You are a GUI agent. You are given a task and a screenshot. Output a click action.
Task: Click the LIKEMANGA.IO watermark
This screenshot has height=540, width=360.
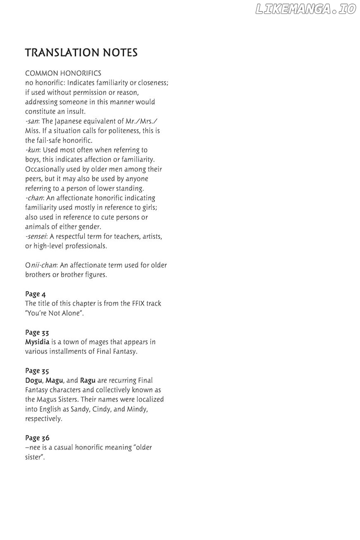305,9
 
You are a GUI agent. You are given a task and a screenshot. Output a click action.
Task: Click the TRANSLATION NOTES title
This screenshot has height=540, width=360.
81,53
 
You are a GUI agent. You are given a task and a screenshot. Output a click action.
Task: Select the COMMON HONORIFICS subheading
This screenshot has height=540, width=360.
63,73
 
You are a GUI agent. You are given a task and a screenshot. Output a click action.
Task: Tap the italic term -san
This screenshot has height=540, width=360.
31,121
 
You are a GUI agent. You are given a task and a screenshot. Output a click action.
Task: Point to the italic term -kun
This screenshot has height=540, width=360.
32,150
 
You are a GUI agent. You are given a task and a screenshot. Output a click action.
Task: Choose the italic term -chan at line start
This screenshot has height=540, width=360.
34,198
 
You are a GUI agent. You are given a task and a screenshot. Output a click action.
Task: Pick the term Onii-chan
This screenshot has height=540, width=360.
41,265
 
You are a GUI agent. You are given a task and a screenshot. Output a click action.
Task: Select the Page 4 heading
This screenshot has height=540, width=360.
35,294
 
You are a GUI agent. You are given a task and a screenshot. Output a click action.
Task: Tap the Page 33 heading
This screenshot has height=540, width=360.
37,332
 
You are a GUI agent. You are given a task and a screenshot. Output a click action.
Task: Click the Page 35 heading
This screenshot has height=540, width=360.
37,371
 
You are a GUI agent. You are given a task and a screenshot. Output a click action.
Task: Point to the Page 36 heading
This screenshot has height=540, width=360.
37,438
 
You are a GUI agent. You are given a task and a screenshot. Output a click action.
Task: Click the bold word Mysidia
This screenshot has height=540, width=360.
37,342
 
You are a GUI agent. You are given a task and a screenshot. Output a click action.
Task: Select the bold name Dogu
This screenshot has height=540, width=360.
34,380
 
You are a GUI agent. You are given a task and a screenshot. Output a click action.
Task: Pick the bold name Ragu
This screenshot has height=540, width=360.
88,380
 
